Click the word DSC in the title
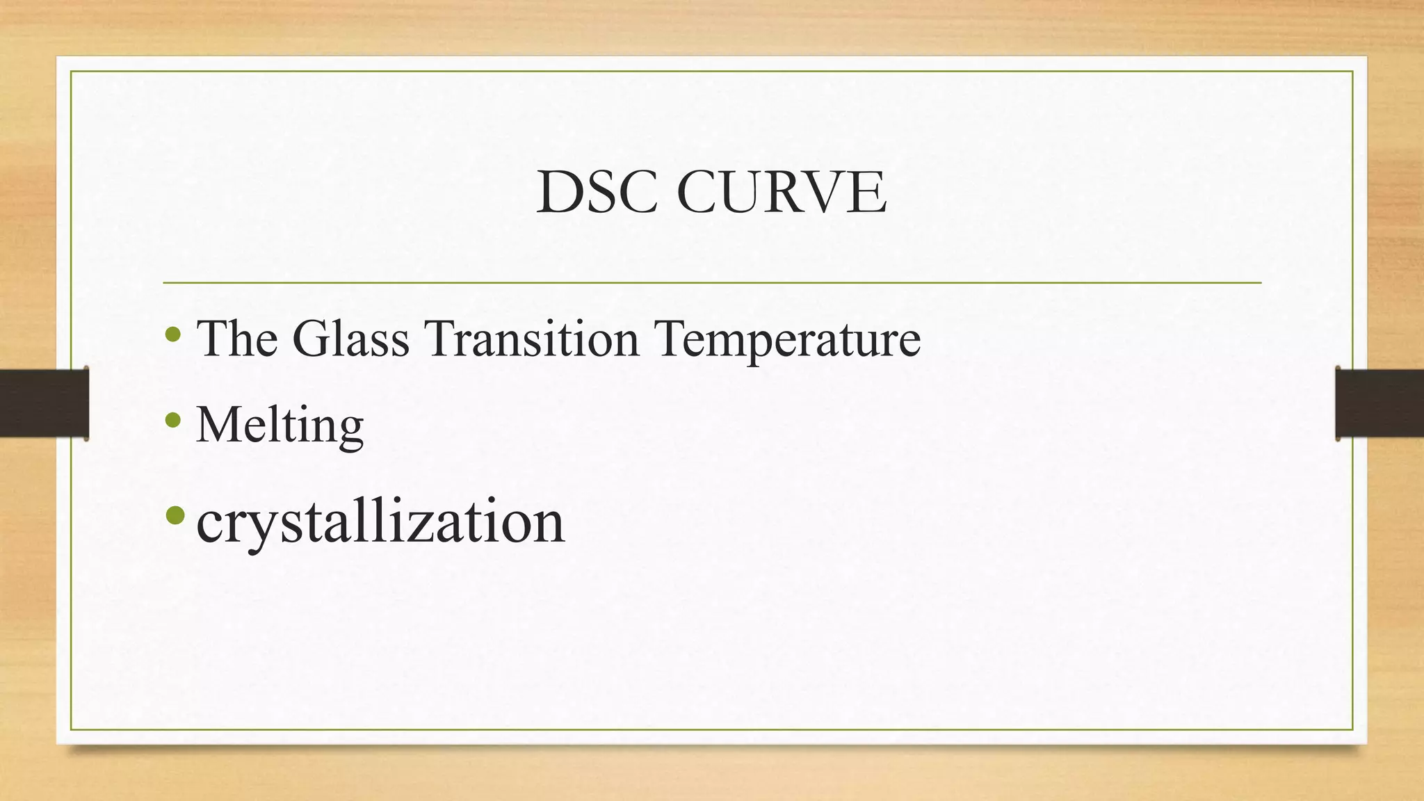[x=596, y=193]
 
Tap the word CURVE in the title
[x=781, y=193]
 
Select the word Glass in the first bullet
[x=350, y=338]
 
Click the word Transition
[x=532, y=338]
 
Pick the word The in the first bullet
[x=237, y=338]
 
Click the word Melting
[x=280, y=424]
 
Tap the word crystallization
[x=380, y=521]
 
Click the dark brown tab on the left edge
[x=44, y=403]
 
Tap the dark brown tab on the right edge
[x=1379, y=403]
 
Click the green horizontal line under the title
[x=712, y=283]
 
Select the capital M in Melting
[x=218, y=423]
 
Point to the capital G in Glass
[x=311, y=338]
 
